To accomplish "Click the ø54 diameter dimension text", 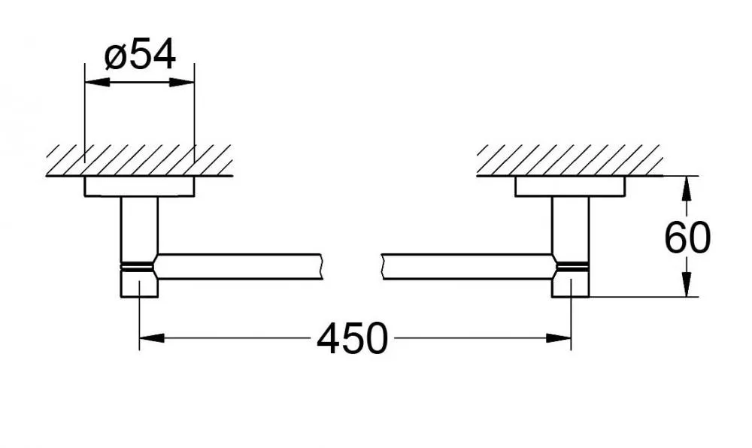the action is (140, 55).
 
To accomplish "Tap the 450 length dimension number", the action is (353, 338).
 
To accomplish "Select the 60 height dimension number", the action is (687, 238).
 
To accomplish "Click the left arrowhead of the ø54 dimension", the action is (97, 83).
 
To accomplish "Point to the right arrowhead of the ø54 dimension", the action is (182, 83).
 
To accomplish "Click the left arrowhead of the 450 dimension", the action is (152, 338).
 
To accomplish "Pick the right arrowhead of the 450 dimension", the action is (559, 338).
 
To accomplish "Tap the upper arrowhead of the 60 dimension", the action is (687, 189).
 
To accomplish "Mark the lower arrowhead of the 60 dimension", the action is (687, 284).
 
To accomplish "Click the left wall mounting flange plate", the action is (140, 186).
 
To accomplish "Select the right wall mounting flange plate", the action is (570, 186).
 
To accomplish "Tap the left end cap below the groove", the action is (139, 284).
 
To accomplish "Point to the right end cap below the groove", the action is (570, 284).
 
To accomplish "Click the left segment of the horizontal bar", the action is (238, 266).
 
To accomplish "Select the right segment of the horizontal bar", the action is (469, 266).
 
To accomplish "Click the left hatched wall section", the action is (140, 160).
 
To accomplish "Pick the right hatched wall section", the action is (570, 160).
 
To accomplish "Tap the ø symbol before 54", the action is (114, 57).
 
